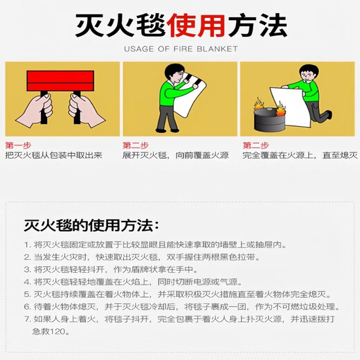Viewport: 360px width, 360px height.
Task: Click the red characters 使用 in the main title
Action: click(197, 25)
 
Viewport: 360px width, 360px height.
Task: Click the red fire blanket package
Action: click(60, 81)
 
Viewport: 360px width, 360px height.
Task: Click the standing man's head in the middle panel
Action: click(174, 73)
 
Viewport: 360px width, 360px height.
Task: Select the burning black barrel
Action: click(269, 119)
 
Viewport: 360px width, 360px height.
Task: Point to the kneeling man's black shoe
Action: click(329, 115)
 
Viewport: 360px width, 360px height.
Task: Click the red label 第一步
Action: click(18, 145)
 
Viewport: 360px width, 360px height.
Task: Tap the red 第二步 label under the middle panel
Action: click(136, 145)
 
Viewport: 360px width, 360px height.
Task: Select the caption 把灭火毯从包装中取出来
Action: click(54, 155)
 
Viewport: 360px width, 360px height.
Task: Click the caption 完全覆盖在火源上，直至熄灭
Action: click(300, 155)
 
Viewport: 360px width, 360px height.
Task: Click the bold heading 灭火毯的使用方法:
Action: click(91, 225)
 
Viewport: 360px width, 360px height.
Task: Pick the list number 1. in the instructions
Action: click(28, 245)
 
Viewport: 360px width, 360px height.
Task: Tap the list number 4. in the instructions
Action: click(28, 282)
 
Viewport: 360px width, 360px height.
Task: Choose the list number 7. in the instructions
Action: click(28, 319)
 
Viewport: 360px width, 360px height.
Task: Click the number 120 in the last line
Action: click(57, 332)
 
